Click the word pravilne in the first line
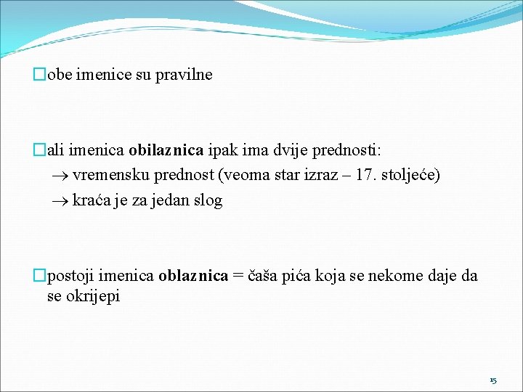[184, 75]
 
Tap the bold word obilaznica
[166, 150]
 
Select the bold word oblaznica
[193, 276]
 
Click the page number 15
[493, 380]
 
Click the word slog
[208, 200]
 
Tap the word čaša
[266, 276]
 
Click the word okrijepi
[94, 296]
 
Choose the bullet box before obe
[39, 75]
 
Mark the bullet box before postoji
[39, 276]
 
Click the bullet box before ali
[39, 150]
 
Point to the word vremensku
[104, 175]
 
